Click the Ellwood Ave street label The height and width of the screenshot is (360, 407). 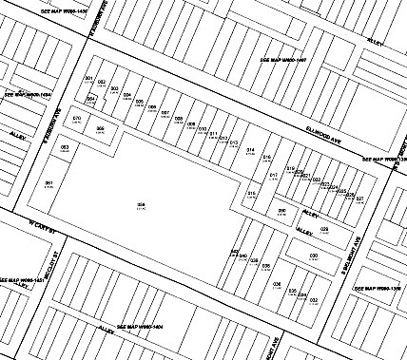(x=322, y=139)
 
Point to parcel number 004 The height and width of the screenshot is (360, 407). (x=126, y=95)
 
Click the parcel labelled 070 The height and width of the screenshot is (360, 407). (x=77, y=119)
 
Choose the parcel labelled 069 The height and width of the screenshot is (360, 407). (x=100, y=128)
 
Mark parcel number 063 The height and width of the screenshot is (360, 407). (x=65, y=148)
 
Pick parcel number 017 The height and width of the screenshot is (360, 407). (x=274, y=175)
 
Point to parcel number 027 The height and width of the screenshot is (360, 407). (x=359, y=198)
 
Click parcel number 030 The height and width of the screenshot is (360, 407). (x=313, y=256)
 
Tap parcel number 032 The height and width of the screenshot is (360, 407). (x=312, y=299)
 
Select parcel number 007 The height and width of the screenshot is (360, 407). (x=165, y=113)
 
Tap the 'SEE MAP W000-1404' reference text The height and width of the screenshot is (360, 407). (x=140, y=326)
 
